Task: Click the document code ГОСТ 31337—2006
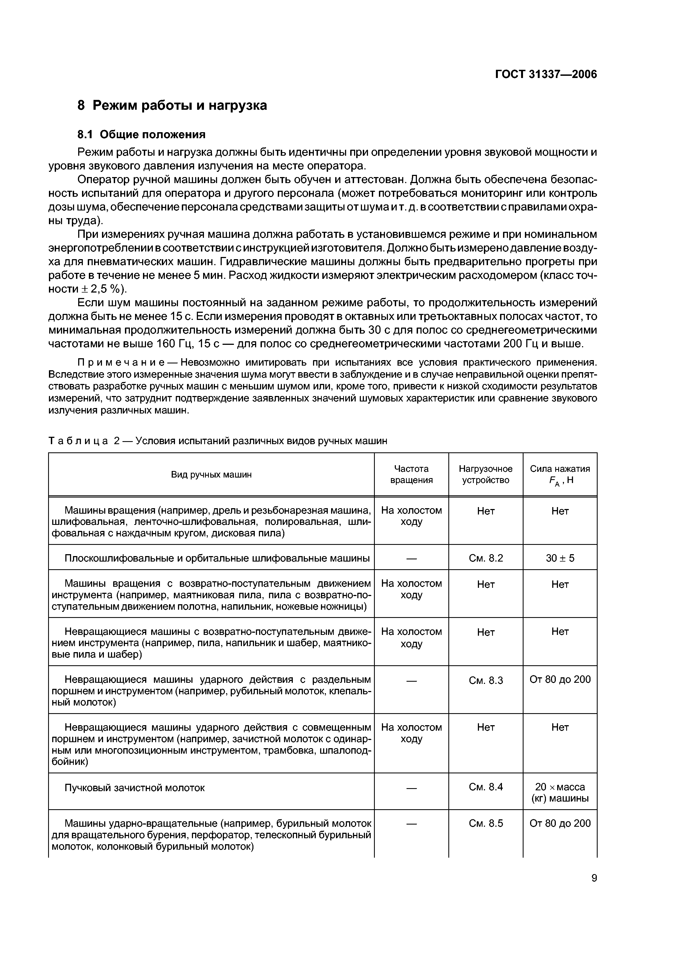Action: click(x=546, y=74)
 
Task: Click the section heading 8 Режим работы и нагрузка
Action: click(x=172, y=105)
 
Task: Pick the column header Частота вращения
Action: click(x=411, y=475)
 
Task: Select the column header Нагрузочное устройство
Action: click(x=486, y=475)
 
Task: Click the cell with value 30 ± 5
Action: click(x=560, y=558)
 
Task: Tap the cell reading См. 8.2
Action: click(x=486, y=558)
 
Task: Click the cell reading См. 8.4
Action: click(x=486, y=787)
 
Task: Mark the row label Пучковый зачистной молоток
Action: click(x=135, y=788)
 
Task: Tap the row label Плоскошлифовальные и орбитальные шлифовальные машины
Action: click(x=217, y=558)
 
